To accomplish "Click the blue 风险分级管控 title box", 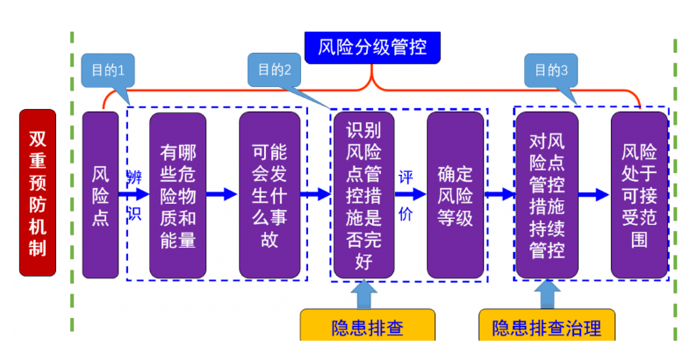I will point(372,47).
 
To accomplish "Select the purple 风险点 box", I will point(100,194).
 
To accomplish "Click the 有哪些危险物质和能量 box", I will point(178,194).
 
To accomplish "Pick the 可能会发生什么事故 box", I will point(270,194).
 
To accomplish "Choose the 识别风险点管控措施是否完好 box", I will point(364,194).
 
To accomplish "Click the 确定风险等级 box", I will point(455,194).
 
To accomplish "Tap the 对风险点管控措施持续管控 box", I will point(545,194).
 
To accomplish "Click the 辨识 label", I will point(133,194).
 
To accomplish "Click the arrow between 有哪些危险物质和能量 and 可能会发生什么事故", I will point(223,194).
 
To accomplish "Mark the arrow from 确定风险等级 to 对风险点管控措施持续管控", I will point(500,194).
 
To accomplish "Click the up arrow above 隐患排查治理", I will point(546,294).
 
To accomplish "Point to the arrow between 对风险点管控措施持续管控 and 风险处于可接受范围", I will point(593,194).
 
